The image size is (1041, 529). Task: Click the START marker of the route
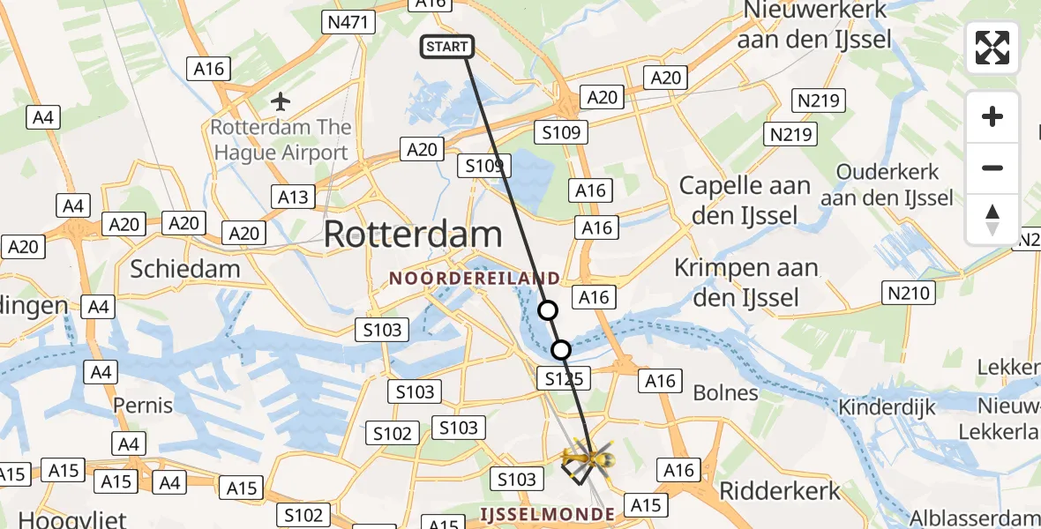point(447,47)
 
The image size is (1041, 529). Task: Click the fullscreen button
point(992,48)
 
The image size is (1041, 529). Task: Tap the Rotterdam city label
point(414,235)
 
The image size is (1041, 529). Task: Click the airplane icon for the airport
point(281,101)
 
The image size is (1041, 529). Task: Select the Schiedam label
point(185,268)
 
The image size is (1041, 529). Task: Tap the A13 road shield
point(293,196)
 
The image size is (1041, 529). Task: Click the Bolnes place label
point(726,393)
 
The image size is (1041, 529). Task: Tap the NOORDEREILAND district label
point(475,279)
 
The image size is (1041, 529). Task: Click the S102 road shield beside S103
point(392,433)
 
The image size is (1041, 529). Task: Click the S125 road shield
point(561,378)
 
